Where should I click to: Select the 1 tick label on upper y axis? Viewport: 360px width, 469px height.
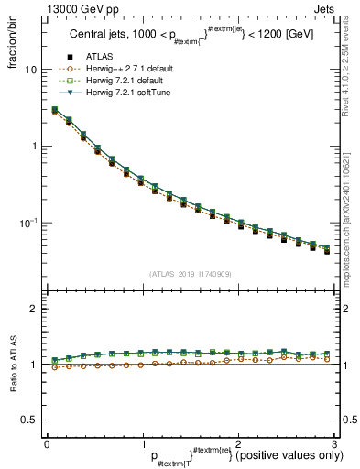pos(35,147)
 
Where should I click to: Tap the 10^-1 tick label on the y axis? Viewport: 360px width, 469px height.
pos(30,224)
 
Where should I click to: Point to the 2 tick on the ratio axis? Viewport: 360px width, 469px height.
pos(35,310)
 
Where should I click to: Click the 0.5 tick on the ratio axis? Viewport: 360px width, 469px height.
pos(30,420)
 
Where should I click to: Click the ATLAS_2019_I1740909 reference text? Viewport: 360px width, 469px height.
pos(189,274)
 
